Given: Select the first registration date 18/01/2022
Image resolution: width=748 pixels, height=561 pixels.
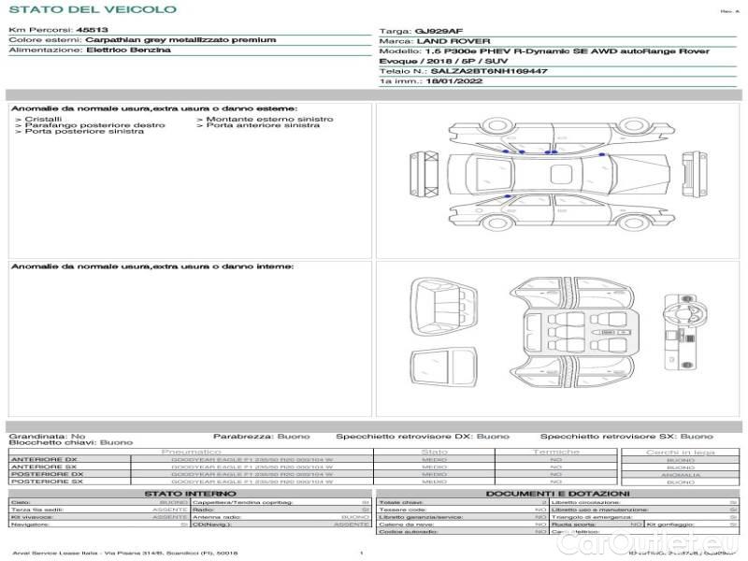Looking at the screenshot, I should point(449,81).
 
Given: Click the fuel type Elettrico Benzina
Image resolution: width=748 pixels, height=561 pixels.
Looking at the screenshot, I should point(128,50).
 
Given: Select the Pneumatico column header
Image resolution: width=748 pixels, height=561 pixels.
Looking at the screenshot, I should point(197,452).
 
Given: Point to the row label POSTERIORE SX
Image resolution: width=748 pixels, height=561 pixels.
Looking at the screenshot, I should point(46,482).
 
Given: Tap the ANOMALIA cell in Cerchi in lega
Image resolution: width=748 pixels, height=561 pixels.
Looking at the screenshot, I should point(680,474).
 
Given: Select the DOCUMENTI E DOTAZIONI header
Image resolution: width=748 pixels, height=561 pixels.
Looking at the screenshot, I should point(557,493).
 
